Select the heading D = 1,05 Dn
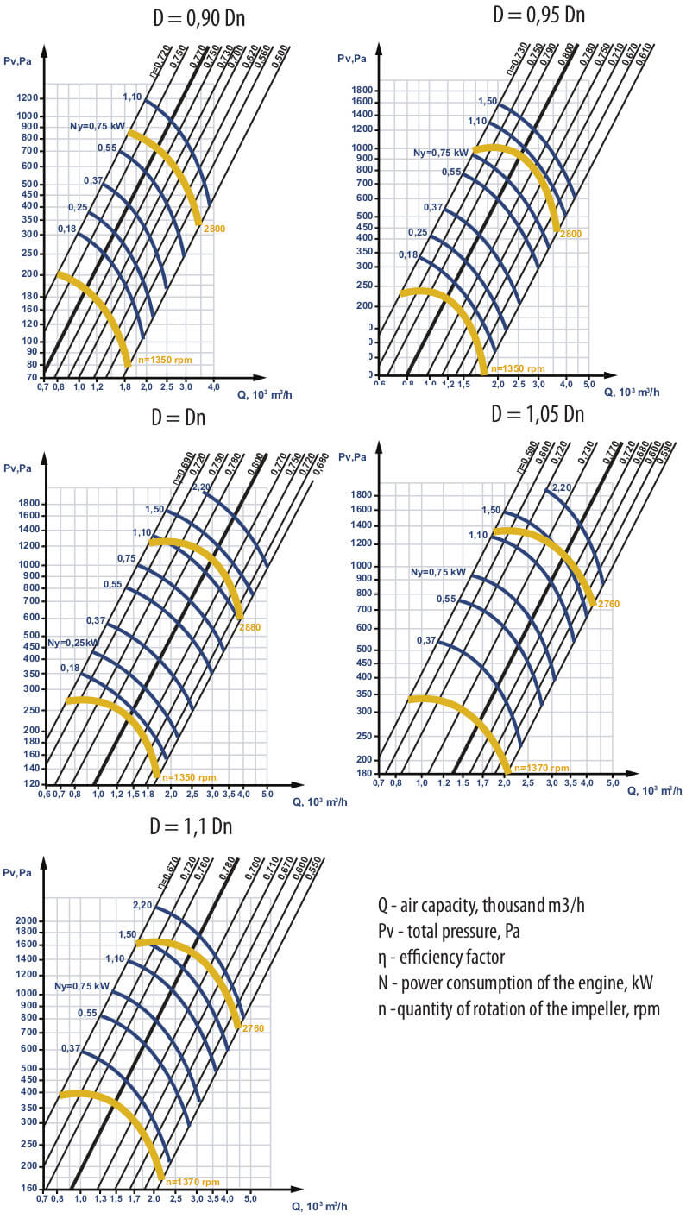click(538, 414)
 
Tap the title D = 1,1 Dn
click(191, 826)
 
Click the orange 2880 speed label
click(249, 627)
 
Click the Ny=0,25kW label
click(73, 643)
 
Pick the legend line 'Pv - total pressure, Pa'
click(448, 932)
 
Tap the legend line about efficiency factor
click(440, 957)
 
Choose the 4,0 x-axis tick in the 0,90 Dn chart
click(213, 387)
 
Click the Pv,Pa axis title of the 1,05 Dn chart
click(359, 455)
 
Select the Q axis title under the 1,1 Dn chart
click(319, 1206)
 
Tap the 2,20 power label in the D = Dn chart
click(201, 487)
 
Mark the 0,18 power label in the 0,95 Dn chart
click(408, 254)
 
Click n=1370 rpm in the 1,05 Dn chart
click(541, 767)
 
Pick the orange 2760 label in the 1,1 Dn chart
click(253, 1029)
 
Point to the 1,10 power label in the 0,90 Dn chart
click(132, 97)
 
